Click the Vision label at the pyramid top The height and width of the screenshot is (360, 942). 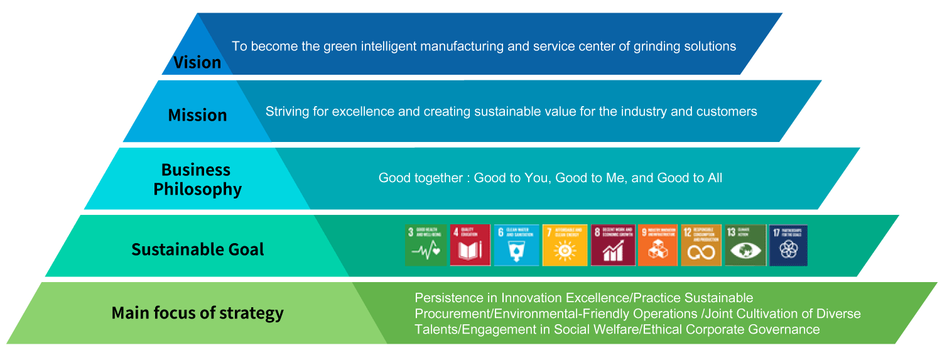pos(197,62)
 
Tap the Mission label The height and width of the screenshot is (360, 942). pos(197,115)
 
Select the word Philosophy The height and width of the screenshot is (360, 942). pos(197,189)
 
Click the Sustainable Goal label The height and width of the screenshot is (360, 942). pos(197,249)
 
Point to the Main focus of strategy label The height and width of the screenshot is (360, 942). pos(197,313)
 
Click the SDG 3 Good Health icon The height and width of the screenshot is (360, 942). pos(425,246)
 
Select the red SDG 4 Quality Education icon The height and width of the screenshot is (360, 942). pos(470,246)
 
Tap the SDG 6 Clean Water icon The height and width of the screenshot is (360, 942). pos(516,246)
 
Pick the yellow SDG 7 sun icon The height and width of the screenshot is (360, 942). pos(565,246)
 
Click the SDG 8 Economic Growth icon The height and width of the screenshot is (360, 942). pos(613,246)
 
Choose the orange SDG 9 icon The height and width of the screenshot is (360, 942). pos(658,246)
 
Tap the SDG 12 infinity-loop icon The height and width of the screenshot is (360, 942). pos(701,246)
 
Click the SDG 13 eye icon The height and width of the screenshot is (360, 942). pos(745,246)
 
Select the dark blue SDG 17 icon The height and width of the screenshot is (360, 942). pos(788,246)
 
